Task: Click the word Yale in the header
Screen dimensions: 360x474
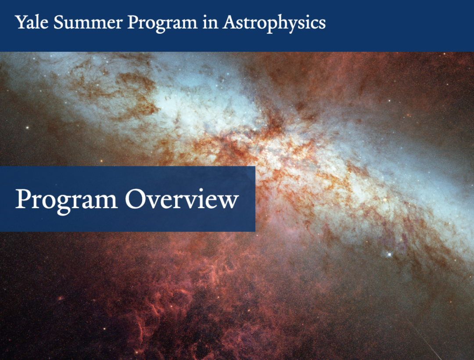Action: coord(31,22)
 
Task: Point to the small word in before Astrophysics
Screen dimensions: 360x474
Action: coord(210,22)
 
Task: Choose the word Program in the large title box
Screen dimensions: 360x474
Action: coord(66,200)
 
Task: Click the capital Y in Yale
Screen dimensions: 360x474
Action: coord(20,22)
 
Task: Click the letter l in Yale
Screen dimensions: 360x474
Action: coord(37,22)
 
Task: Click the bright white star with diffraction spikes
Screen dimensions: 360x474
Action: coord(389,254)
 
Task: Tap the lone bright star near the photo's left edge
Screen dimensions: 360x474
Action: coord(27,128)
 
